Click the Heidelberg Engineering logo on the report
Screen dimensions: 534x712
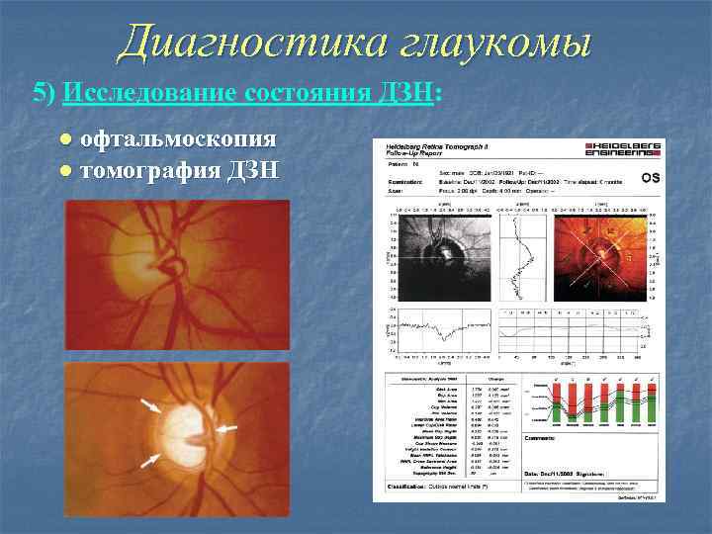(624, 151)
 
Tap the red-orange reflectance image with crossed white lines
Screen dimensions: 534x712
(599, 255)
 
